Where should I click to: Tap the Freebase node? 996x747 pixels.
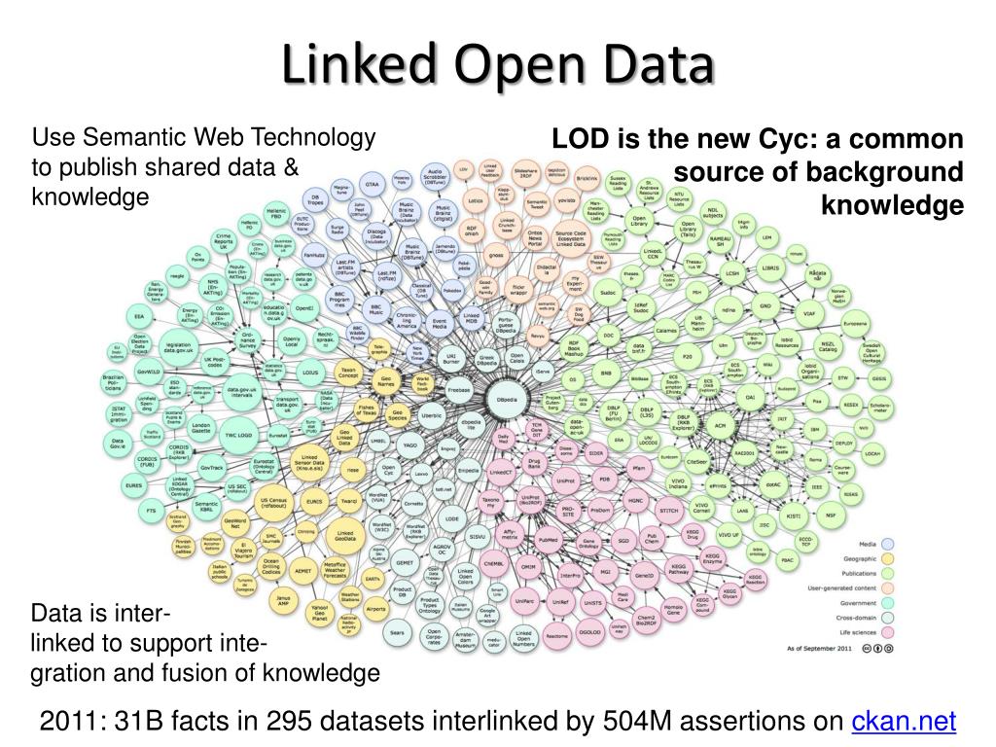(x=458, y=389)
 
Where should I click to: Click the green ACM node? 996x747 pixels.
(x=721, y=426)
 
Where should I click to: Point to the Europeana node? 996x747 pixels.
(x=855, y=322)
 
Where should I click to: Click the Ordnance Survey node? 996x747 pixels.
(x=249, y=341)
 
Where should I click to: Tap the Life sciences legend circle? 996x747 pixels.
(x=888, y=632)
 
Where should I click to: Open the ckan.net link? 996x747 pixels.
(x=904, y=721)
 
